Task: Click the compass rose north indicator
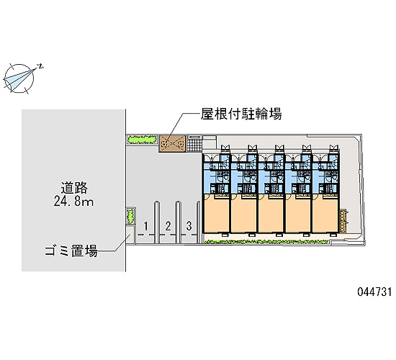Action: [19, 78]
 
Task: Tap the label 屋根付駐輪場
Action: [241, 114]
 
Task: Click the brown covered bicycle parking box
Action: [172, 144]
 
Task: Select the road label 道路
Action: [74, 187]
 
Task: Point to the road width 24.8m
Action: [73, 202]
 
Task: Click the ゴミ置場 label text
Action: [71, 251]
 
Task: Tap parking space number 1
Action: [145, 226]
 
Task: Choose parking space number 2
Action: [168, 226]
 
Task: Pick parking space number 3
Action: [189, 226]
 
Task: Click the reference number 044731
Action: [374, 292]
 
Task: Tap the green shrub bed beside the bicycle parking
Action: [142, 140]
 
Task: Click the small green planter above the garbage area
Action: [130, 216]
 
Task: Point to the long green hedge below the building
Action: [266, 242]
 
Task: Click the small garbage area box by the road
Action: [130, 235]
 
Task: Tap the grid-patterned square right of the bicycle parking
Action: [194, 143]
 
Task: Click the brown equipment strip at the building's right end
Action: [343, 220]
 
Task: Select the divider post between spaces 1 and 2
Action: [157, 222]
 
